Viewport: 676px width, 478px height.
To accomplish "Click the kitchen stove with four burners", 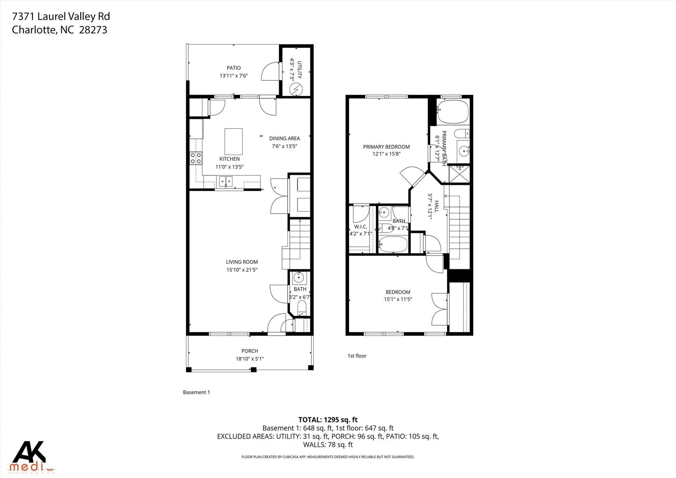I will click(196, 158).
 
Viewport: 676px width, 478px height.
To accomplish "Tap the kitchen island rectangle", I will click(233, 141).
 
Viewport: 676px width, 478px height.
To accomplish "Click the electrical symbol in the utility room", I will click(296, 89).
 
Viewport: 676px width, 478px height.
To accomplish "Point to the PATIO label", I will click(234, 68).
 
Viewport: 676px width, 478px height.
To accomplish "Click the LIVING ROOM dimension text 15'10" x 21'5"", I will click(242, 270).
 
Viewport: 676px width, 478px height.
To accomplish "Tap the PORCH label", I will click(250, 351).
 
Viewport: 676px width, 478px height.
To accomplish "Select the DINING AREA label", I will click(284, 138).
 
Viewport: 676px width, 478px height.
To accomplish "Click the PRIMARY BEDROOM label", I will click(386, 147).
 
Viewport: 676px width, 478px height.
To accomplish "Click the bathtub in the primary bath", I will click(453, 111).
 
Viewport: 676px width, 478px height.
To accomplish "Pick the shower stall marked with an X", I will click(459, 174).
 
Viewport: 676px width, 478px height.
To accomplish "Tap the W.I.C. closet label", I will click(360, 227).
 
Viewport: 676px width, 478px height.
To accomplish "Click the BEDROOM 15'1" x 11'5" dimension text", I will click(398, 300).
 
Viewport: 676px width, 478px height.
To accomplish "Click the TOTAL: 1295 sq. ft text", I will click(328, 420).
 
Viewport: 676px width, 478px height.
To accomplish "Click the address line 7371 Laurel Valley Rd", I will click(61, 17).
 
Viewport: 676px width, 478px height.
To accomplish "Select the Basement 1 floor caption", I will click(196, 392).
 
